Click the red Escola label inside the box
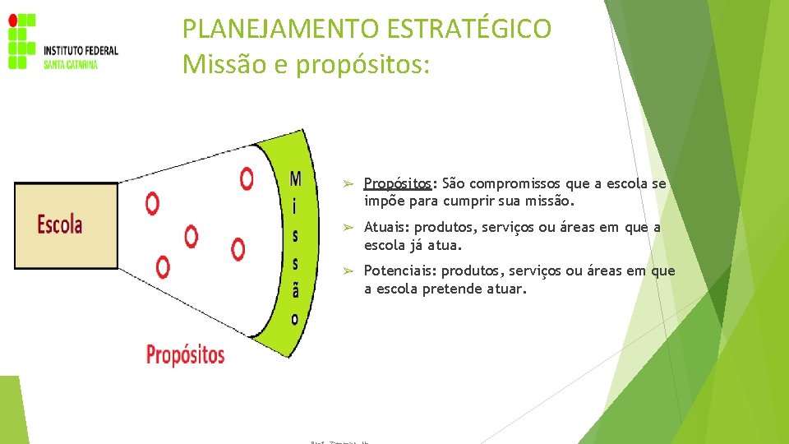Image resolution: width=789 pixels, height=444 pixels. point(60,224)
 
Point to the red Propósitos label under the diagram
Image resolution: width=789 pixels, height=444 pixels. point(185,354)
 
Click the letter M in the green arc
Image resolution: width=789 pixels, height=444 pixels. point(295,178)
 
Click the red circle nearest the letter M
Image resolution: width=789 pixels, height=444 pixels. point(247,178)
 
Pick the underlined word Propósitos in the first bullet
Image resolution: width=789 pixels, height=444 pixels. point(397,183)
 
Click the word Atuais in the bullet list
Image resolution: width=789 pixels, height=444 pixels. point(386,227)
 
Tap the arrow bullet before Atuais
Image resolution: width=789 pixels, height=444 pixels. point(348,227)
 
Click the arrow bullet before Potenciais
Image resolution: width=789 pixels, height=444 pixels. point(348,271)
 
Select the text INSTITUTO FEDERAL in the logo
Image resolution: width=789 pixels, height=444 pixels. point(81,51)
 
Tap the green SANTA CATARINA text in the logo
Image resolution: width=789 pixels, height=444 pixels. point(71,64)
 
